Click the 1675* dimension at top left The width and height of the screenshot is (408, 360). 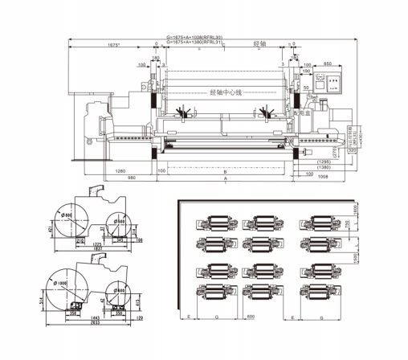pyautogui.click(x=114, y=45)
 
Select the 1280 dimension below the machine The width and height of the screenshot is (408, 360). pyautogui.click(x=120, y=170)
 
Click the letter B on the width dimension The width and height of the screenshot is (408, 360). pyautogui.click(x=226, y=172)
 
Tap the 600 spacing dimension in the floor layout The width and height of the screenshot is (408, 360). pyautogui.click(x=250, y=317)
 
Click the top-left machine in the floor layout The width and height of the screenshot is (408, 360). pyautogui.click(x=216, y=222)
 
